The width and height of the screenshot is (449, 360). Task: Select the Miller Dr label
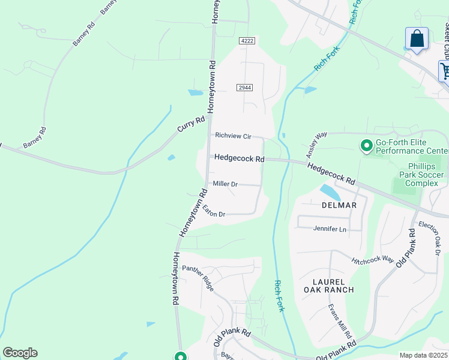226,184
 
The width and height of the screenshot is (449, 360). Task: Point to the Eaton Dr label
214,211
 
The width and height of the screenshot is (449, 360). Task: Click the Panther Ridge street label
198,278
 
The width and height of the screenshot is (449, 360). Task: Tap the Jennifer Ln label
330,229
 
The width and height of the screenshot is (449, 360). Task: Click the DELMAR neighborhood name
339,205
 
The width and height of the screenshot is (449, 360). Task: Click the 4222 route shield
247,40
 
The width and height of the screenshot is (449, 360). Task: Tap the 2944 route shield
244,88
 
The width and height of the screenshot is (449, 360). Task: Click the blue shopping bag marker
417,40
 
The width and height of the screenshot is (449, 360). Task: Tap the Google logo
20,353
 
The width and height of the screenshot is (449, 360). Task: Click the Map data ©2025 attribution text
423,355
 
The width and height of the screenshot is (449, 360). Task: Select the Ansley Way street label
317,143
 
